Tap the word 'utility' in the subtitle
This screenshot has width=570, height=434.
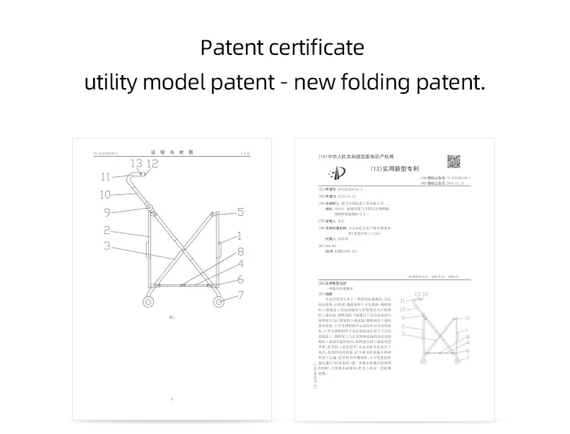click(x=110, y=82)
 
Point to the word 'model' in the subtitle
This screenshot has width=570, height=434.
click(x=177, y=82)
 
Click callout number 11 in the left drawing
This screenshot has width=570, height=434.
click(x=106, y=176)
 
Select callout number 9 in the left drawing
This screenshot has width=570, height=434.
click(x=106, y=212)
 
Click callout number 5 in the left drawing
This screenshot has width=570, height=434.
click(x=240, y=212)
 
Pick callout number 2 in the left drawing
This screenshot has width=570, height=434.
click(x=106, y=230)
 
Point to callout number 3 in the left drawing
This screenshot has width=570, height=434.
click(x=106, y=247)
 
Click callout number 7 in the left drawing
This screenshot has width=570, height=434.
click(x=240, y=295)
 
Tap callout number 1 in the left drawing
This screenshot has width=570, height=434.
click(x=240, y=236)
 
